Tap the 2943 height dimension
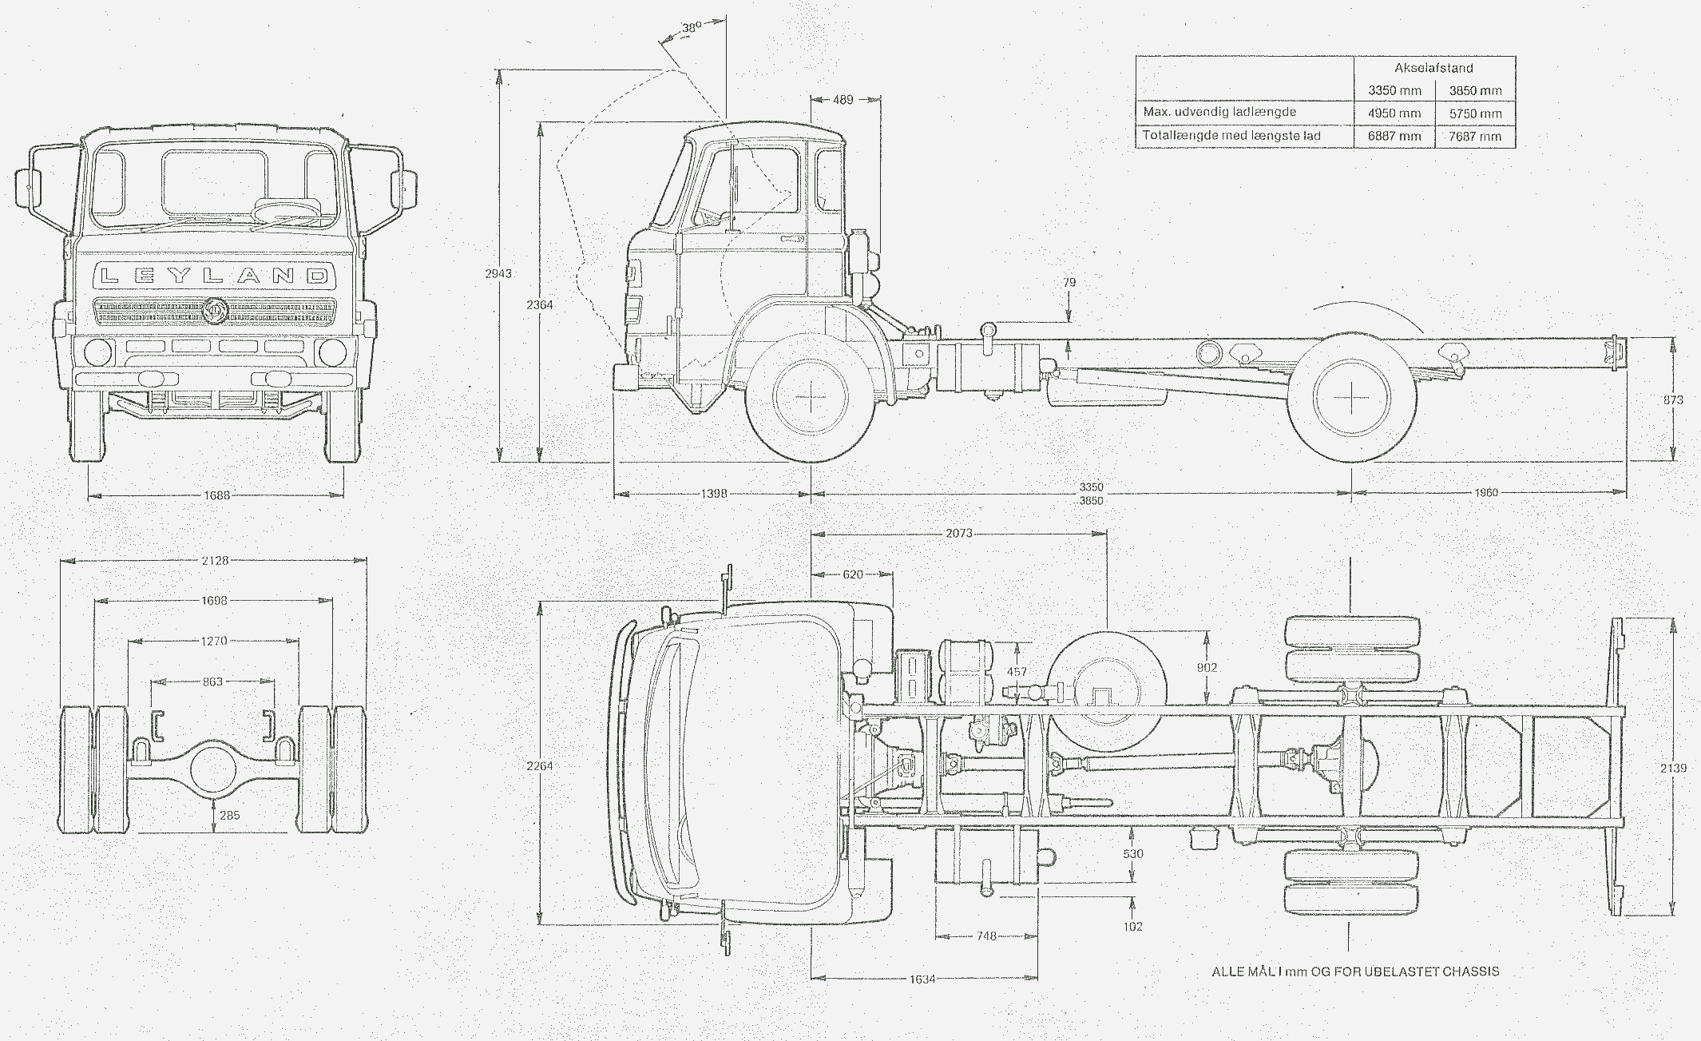(x=498, y=273)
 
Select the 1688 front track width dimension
(x=216, y=495)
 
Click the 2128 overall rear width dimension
(x=215, y=560)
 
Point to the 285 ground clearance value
(x=229, y=815)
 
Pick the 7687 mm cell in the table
(x=1475, y=136)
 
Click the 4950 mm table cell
(x=1394, y=113)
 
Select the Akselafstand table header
(x=1433, y=68)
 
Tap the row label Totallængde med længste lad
(x=1231, y=136)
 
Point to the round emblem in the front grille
(x=213, y=310)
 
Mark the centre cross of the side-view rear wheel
(x=1350, y=396)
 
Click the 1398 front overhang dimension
(x=713, y=494)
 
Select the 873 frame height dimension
(x=1673, y=399)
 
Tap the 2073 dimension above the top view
(x=958, y=533)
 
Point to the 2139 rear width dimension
(x=1673, y=768)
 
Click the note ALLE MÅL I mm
(x=1354, y=971)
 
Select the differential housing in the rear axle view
(x=213, y=767)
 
